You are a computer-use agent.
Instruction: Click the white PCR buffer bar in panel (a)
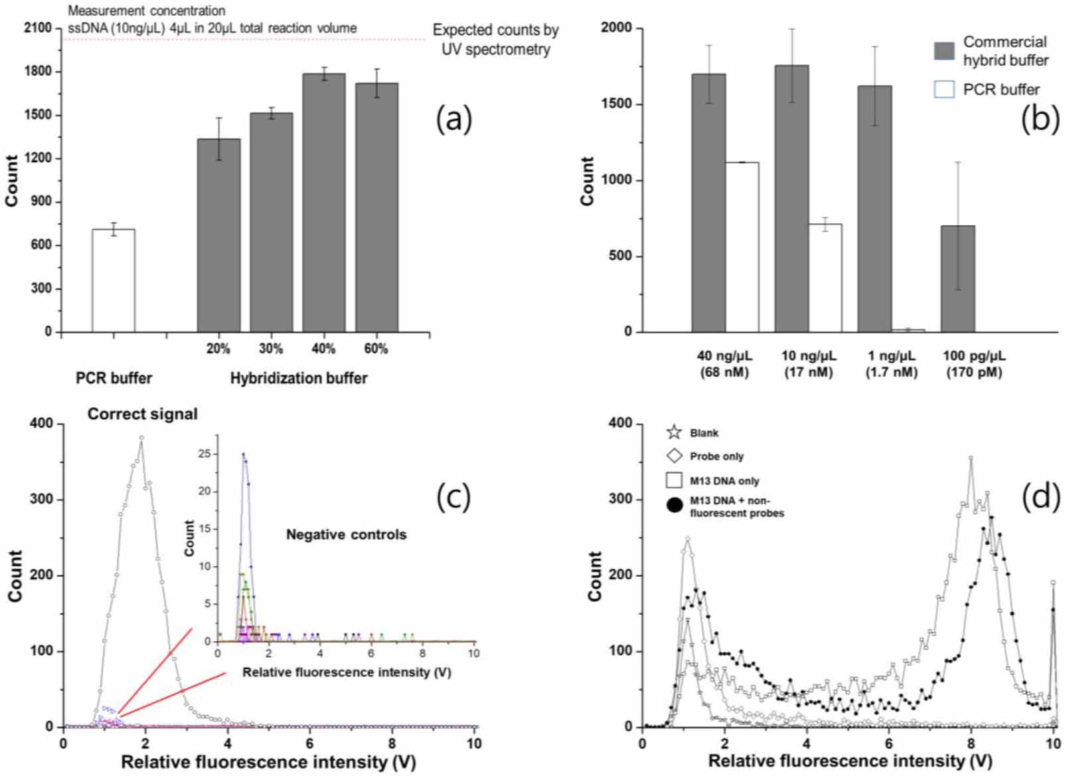(x=114, y=280)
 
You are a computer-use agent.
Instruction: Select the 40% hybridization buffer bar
(x=323, y=203)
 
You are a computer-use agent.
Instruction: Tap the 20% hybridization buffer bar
(x=218, y=235)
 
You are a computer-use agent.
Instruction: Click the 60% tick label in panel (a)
(x=376, y=349)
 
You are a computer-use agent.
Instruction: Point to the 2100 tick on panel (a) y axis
(x=37, y=28)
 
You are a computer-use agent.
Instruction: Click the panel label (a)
(x=453, y=120)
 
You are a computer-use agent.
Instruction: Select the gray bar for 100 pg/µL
(x=957, y=278)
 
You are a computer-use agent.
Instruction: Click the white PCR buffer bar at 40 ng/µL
(x=742, y=246)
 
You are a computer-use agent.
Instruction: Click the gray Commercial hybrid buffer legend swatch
(x=944, y=51)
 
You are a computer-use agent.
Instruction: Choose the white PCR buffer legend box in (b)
(x=944, y=89)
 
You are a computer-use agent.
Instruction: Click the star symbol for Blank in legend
(x=674, y=433)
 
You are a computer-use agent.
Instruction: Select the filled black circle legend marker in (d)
(x=674, y=506)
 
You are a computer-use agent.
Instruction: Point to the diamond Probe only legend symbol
(x=674, y=456)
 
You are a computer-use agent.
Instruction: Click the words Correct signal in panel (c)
(x=142, y=414)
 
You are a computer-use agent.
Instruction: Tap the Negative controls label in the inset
(x=346, y=535)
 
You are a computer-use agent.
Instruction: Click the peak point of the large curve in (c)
(x=141, y=437)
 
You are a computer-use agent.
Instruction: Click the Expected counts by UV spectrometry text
(x=495, y=39)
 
